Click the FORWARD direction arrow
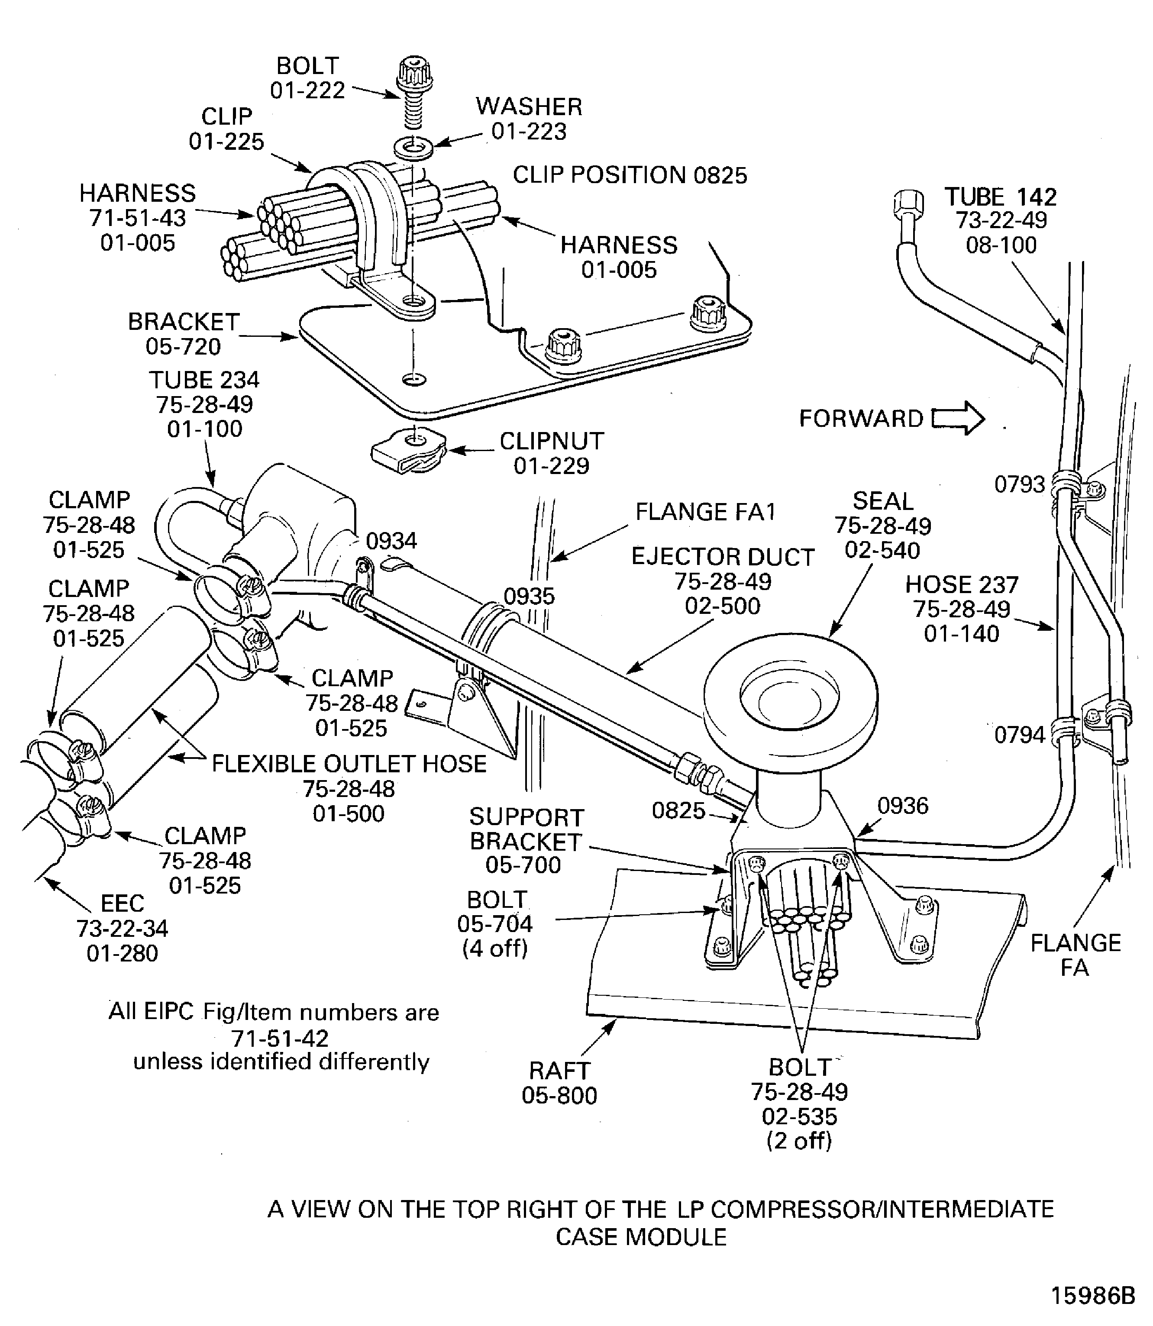[x=958, y=419]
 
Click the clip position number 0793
[x=1019, y=484]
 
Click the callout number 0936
[x=903, y=806]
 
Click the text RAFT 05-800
[x=559, y=1082]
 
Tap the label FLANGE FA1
[x=705, y=512]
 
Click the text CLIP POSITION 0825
[x=629, y=175]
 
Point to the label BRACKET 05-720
[x=184, y=333]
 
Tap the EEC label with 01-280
[x=122, y=928]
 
